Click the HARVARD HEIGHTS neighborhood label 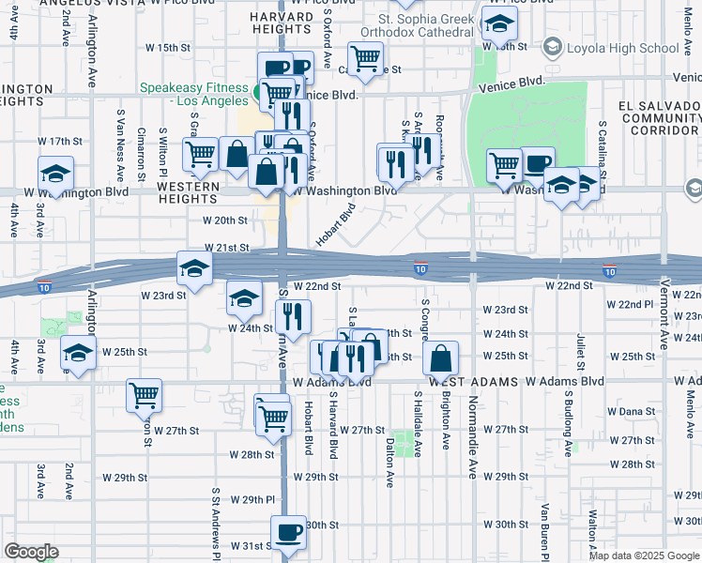(282, 26)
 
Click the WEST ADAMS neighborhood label (469, 382)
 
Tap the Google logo (31, 552)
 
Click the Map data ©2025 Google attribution (643, 555)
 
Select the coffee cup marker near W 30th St (288, 532)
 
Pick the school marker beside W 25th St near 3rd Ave (78, 354)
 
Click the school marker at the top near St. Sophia (499, 25)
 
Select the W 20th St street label (226, 221)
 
